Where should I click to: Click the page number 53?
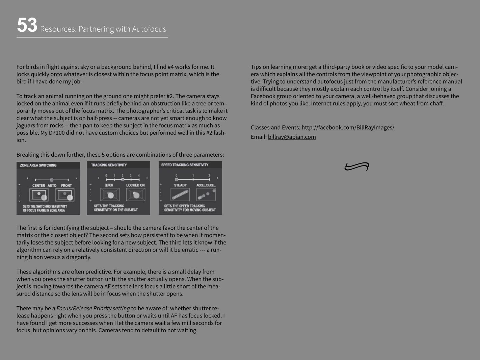[x=27, y=25]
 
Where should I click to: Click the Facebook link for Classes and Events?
[x=348, y=127]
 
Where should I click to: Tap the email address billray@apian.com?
[x=292, y=137]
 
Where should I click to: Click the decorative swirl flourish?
[x=357, y=166]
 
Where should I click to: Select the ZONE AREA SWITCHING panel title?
[x=38, y=165]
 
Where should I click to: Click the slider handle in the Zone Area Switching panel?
[x=52, y=180]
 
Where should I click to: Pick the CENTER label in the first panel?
[x=38, y=185]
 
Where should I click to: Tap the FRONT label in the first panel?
[x=66, y=185]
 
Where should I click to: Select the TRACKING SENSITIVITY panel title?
[x=109, y=165]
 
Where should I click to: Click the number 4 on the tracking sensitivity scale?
[x=139, y=176]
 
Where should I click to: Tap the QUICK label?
[x=109, y=185]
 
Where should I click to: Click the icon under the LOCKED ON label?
[x=136, y=195]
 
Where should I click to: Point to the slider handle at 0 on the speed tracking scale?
[x=177, y=180]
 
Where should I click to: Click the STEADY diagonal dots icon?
[x=180, y=195]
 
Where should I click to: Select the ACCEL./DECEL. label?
[x=206, y=185]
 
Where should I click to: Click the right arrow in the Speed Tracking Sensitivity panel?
[x=217, y=178]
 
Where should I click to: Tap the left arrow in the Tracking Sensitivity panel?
[x=99, y=178]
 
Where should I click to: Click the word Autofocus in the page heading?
[x=149, y=29]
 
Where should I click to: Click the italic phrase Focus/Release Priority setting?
[x=93, y=308]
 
